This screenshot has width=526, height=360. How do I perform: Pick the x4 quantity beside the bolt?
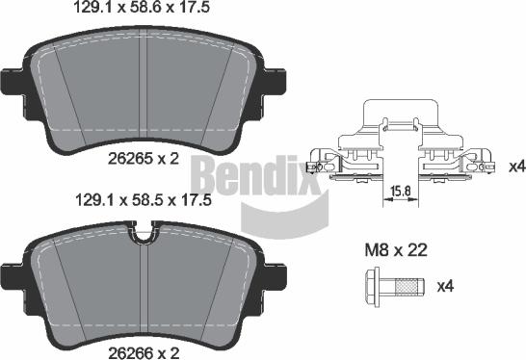click(x=445, y=286)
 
